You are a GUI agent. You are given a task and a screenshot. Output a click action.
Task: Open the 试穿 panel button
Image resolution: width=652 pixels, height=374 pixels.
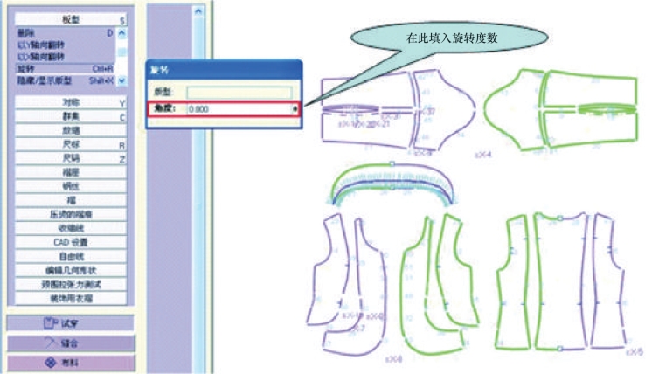(x=71, y=322)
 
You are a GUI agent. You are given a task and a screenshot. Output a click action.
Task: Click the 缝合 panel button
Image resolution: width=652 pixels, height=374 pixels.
(x=71, y=342)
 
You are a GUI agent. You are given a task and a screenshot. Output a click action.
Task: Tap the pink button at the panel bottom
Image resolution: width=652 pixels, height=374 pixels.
(x=71, y=361)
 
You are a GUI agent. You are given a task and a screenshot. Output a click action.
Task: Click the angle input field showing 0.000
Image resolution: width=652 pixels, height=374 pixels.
(x=236, y=108)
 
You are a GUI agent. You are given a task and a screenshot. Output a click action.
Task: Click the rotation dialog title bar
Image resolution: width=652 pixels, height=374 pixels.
(x=223, y=70)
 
